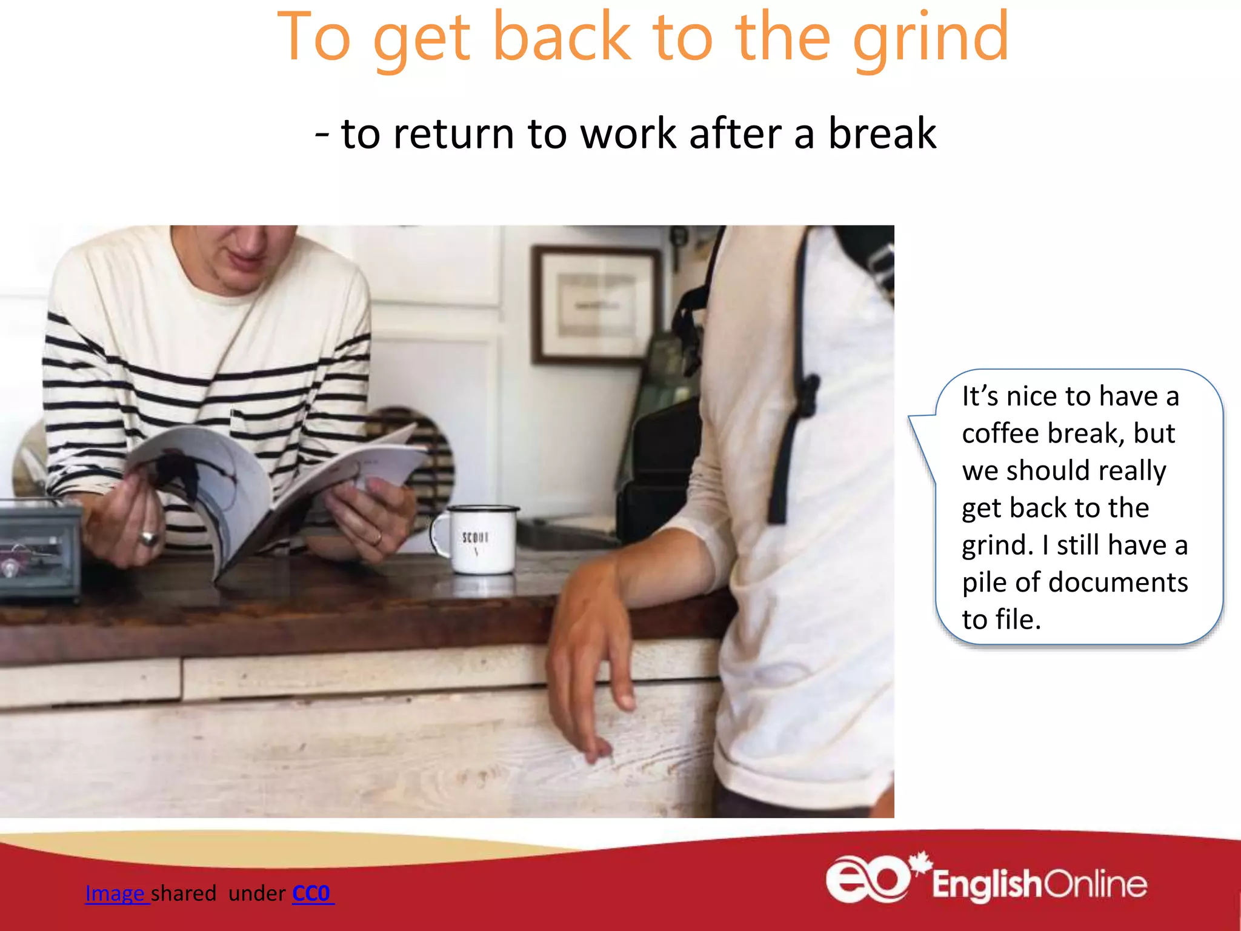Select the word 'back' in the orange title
[562, 38]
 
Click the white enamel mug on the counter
[479, 539]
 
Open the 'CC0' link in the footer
[311, 893]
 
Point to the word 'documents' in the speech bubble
[1118, 582]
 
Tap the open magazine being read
[261, 479]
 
